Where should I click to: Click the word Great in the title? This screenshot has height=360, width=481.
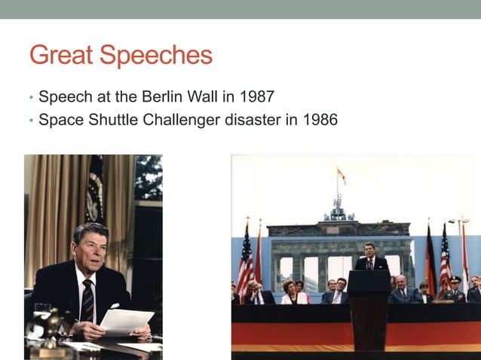click(x=62, y=55)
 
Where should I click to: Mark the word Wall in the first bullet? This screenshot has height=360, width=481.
click(x=218, y=97)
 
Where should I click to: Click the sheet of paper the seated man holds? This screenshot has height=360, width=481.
click(x=126, y=322)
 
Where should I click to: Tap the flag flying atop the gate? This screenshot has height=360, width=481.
click(x=342, y=175)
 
